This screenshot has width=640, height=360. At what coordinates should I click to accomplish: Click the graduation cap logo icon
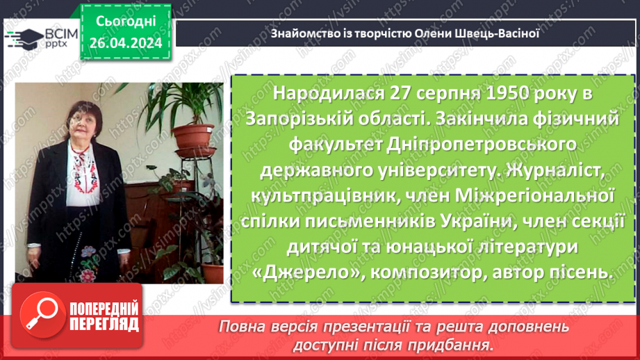tap(19, 37)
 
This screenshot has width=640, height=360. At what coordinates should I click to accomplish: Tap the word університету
tap(436, 171)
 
